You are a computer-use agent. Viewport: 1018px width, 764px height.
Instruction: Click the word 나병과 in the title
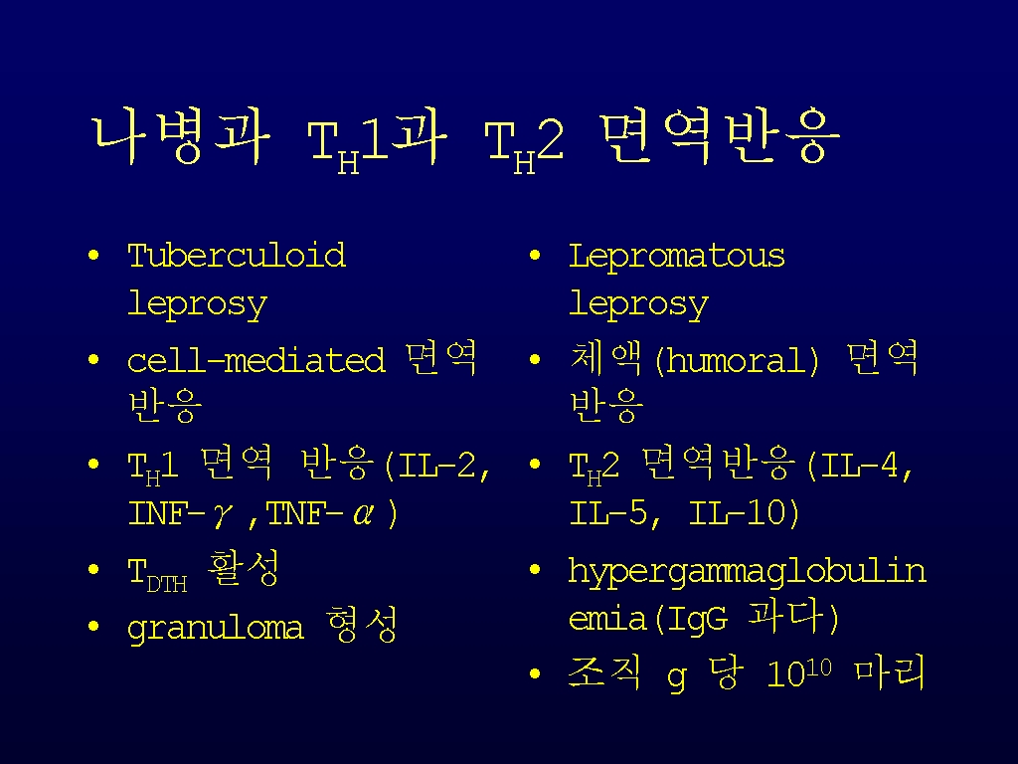pos(181,137)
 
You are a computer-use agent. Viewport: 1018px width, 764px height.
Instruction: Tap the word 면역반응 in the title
pos(720,136)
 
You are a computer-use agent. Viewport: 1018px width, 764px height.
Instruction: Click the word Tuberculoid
pos(237,256)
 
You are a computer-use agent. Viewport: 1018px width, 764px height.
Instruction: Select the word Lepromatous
pos(676,257)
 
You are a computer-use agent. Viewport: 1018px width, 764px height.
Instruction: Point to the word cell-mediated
pos(255,360)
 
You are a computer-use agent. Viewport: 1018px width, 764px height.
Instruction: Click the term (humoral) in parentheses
pos(737,360)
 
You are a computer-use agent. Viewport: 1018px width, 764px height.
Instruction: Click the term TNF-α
pos(320,514)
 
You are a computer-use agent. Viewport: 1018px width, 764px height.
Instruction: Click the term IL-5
pos(608,513)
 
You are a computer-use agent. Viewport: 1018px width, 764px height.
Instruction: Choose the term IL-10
pos(737,513)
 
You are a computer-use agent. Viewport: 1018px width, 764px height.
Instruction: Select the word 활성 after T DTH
pos(244,568)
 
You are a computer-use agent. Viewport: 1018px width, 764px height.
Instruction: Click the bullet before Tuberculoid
pos(94,256)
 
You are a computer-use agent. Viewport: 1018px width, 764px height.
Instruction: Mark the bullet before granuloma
pos(94,627)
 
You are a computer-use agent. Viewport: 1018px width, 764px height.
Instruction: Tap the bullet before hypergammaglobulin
pos(535,570)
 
